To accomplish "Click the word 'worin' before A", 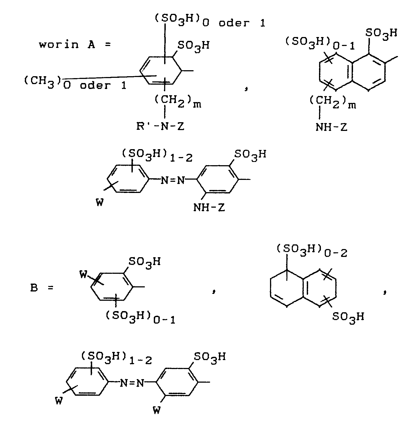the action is (x=59, y=44).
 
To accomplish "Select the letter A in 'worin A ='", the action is (x=91, y=44).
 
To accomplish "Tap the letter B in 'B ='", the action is (x=34, y=288).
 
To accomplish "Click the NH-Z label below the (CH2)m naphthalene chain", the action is (x=331, y=127).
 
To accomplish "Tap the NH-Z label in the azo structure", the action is (x=209, y=208).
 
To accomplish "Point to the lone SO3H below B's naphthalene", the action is (x=348, y=317).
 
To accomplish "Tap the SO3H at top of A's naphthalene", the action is (x=381, y=34).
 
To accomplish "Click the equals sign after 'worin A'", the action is (x=108, y=45).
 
